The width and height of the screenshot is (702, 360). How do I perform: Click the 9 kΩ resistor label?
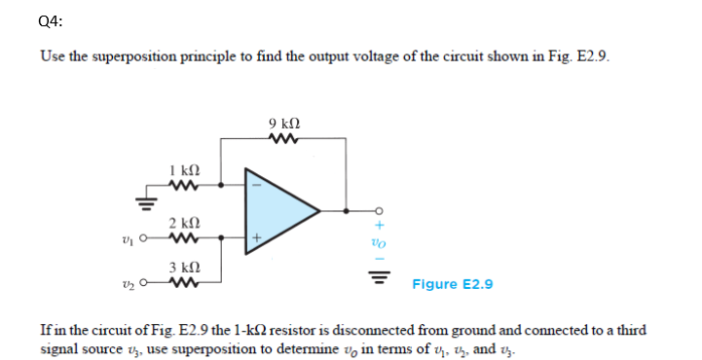pos(283,124)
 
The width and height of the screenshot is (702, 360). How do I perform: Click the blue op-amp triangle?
pos(277,208)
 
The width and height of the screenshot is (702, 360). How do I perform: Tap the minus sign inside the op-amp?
pos(258,184)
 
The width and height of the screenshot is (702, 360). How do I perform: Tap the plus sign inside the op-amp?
pos(258,235)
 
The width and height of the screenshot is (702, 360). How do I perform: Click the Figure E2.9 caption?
pos(453,284)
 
